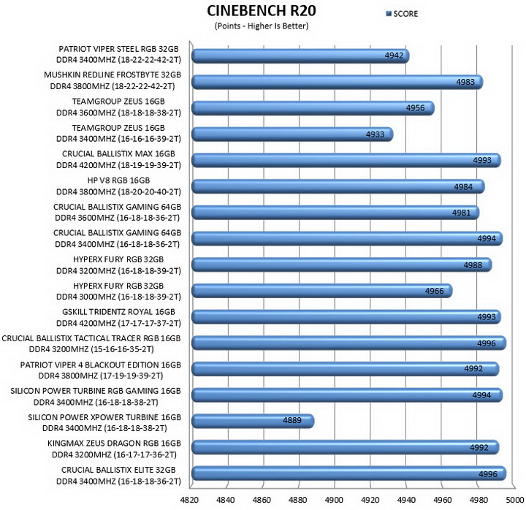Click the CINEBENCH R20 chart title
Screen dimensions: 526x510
262,11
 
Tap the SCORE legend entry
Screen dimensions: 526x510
402,14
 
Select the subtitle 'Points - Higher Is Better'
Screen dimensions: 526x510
262,26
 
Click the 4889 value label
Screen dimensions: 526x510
291,420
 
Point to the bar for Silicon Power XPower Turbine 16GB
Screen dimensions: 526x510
253,421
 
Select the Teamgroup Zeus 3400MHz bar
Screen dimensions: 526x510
292,134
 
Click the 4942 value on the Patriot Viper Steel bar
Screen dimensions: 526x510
394,56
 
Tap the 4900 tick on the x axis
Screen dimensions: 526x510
334,500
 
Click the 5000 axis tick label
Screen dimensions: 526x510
514,500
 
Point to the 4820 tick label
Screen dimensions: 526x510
189,500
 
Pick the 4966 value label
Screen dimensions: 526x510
435,291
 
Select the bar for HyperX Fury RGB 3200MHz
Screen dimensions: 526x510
342,264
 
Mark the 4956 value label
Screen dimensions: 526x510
415,107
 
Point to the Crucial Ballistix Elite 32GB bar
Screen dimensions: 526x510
349,473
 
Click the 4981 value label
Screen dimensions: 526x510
461,213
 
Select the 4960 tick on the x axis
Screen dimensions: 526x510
443,500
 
